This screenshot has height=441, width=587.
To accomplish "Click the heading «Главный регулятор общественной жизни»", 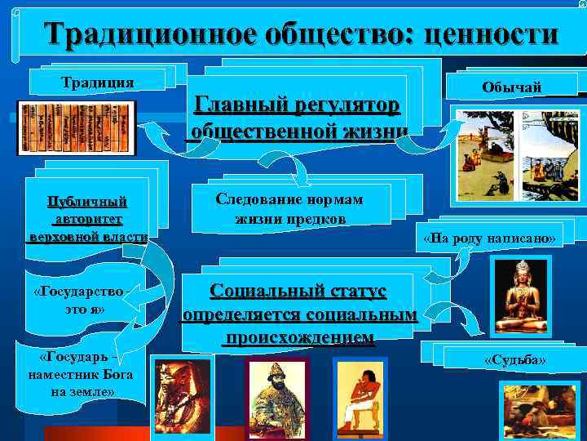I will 297,118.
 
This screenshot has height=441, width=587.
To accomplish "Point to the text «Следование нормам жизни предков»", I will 289,209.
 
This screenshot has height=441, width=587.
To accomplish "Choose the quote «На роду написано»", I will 489,238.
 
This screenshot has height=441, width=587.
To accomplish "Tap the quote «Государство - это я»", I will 79,300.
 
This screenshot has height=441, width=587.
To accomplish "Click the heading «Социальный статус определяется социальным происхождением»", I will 298,314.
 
